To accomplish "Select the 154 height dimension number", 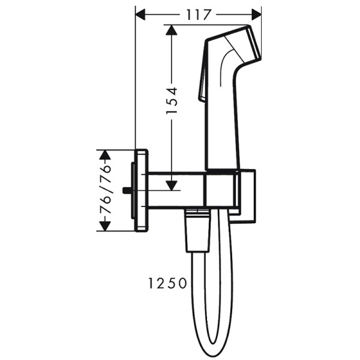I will (172, 101).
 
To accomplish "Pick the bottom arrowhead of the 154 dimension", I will (172, 185).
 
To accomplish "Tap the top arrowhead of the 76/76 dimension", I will (106, 154).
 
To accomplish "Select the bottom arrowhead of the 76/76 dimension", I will (106, 226).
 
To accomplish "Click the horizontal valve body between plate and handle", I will (177, 190).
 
